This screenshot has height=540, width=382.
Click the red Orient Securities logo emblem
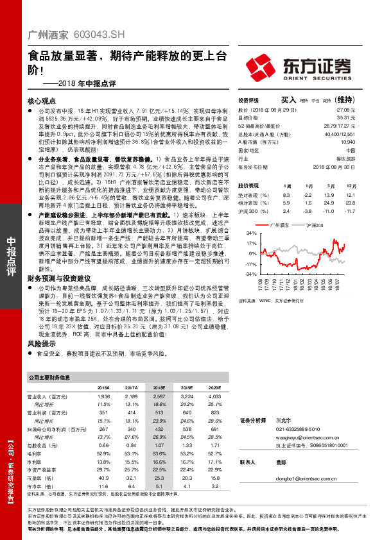click(x=271, y=67)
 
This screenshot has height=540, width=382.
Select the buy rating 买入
click(x=288, y=101)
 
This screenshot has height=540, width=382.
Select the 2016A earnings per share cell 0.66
click(x=103, y=444)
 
